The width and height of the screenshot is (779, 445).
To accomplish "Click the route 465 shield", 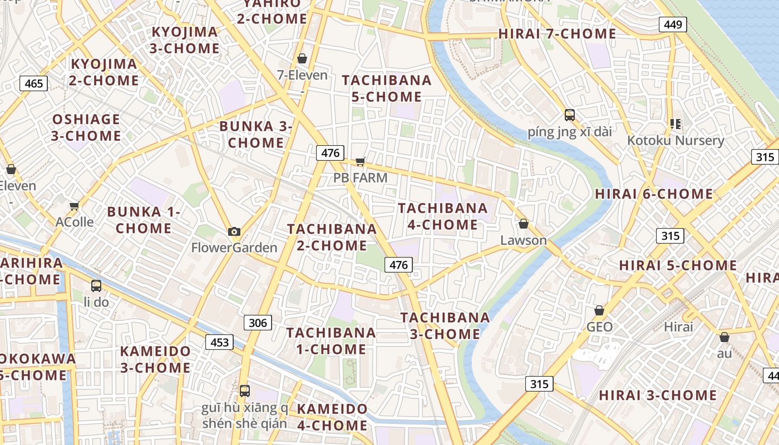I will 34,84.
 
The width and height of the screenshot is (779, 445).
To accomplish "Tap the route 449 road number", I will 673,24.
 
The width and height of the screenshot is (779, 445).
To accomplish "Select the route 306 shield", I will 258,323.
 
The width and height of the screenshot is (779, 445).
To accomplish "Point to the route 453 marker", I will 219,342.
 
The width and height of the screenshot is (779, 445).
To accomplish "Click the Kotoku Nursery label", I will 676,140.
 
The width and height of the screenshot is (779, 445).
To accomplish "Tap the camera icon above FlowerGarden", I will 234,231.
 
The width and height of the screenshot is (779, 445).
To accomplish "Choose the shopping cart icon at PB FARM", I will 360,162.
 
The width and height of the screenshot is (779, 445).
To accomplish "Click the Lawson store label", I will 523,240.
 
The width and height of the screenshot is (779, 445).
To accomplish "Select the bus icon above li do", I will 96,286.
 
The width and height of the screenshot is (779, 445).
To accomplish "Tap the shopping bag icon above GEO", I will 599,310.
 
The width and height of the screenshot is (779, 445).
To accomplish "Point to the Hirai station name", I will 678,327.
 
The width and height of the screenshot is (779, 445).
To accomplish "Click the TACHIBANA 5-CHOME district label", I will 387,88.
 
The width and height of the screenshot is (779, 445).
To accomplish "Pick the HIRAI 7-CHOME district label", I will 557,34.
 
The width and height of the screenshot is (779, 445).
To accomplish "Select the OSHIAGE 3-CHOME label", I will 86,127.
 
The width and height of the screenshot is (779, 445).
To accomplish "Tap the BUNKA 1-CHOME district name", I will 144,220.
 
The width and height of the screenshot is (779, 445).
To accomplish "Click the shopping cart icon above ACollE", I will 74,206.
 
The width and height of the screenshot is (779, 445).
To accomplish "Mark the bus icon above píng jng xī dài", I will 569,115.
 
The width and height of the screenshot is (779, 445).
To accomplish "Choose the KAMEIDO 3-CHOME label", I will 155,359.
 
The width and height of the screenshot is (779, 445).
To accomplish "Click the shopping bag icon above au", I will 724,337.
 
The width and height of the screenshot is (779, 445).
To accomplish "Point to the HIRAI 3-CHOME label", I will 658,395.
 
